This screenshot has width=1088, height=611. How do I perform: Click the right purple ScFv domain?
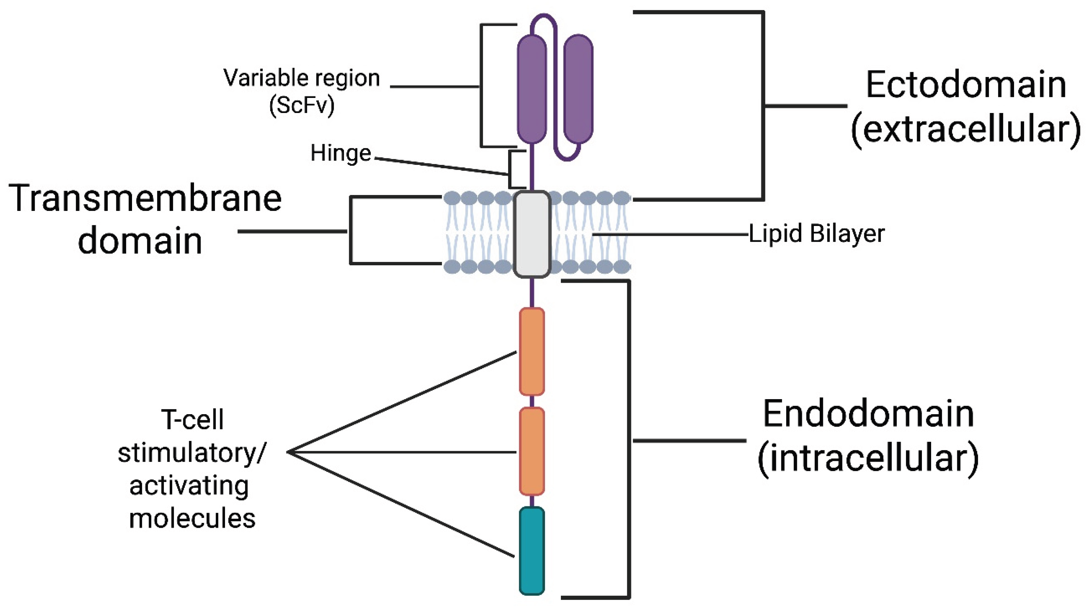pyautogui.click(x=578, y=89)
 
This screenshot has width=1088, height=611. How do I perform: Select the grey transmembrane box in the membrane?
pyautogui.click(x=532, y=234)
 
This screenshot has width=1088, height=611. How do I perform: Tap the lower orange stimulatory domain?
pyautogui.click(x=532, y=451)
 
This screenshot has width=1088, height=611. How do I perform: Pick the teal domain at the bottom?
pyautogui.click(x=532, y=550)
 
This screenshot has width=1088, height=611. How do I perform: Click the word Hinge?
pyautogui.click(x=340, y=153)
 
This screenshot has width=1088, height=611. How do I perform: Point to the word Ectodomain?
pyautogui.click(x=966, y=85)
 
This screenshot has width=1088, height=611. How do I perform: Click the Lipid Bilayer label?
pyautogui.click(x=816, y=234)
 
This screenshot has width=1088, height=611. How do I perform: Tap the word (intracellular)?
pyautogui.click(x=868, y=458)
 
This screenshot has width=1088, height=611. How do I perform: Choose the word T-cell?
pyautogui.click(x=192, y=420)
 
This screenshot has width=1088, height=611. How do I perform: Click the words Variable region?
pyautogui.click(x=301, y=78)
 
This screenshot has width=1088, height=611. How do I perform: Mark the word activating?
pyautogui.click(x=189, y=486)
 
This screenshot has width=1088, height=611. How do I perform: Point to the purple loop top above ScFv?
pyautogui.click(x=544, y=18)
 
